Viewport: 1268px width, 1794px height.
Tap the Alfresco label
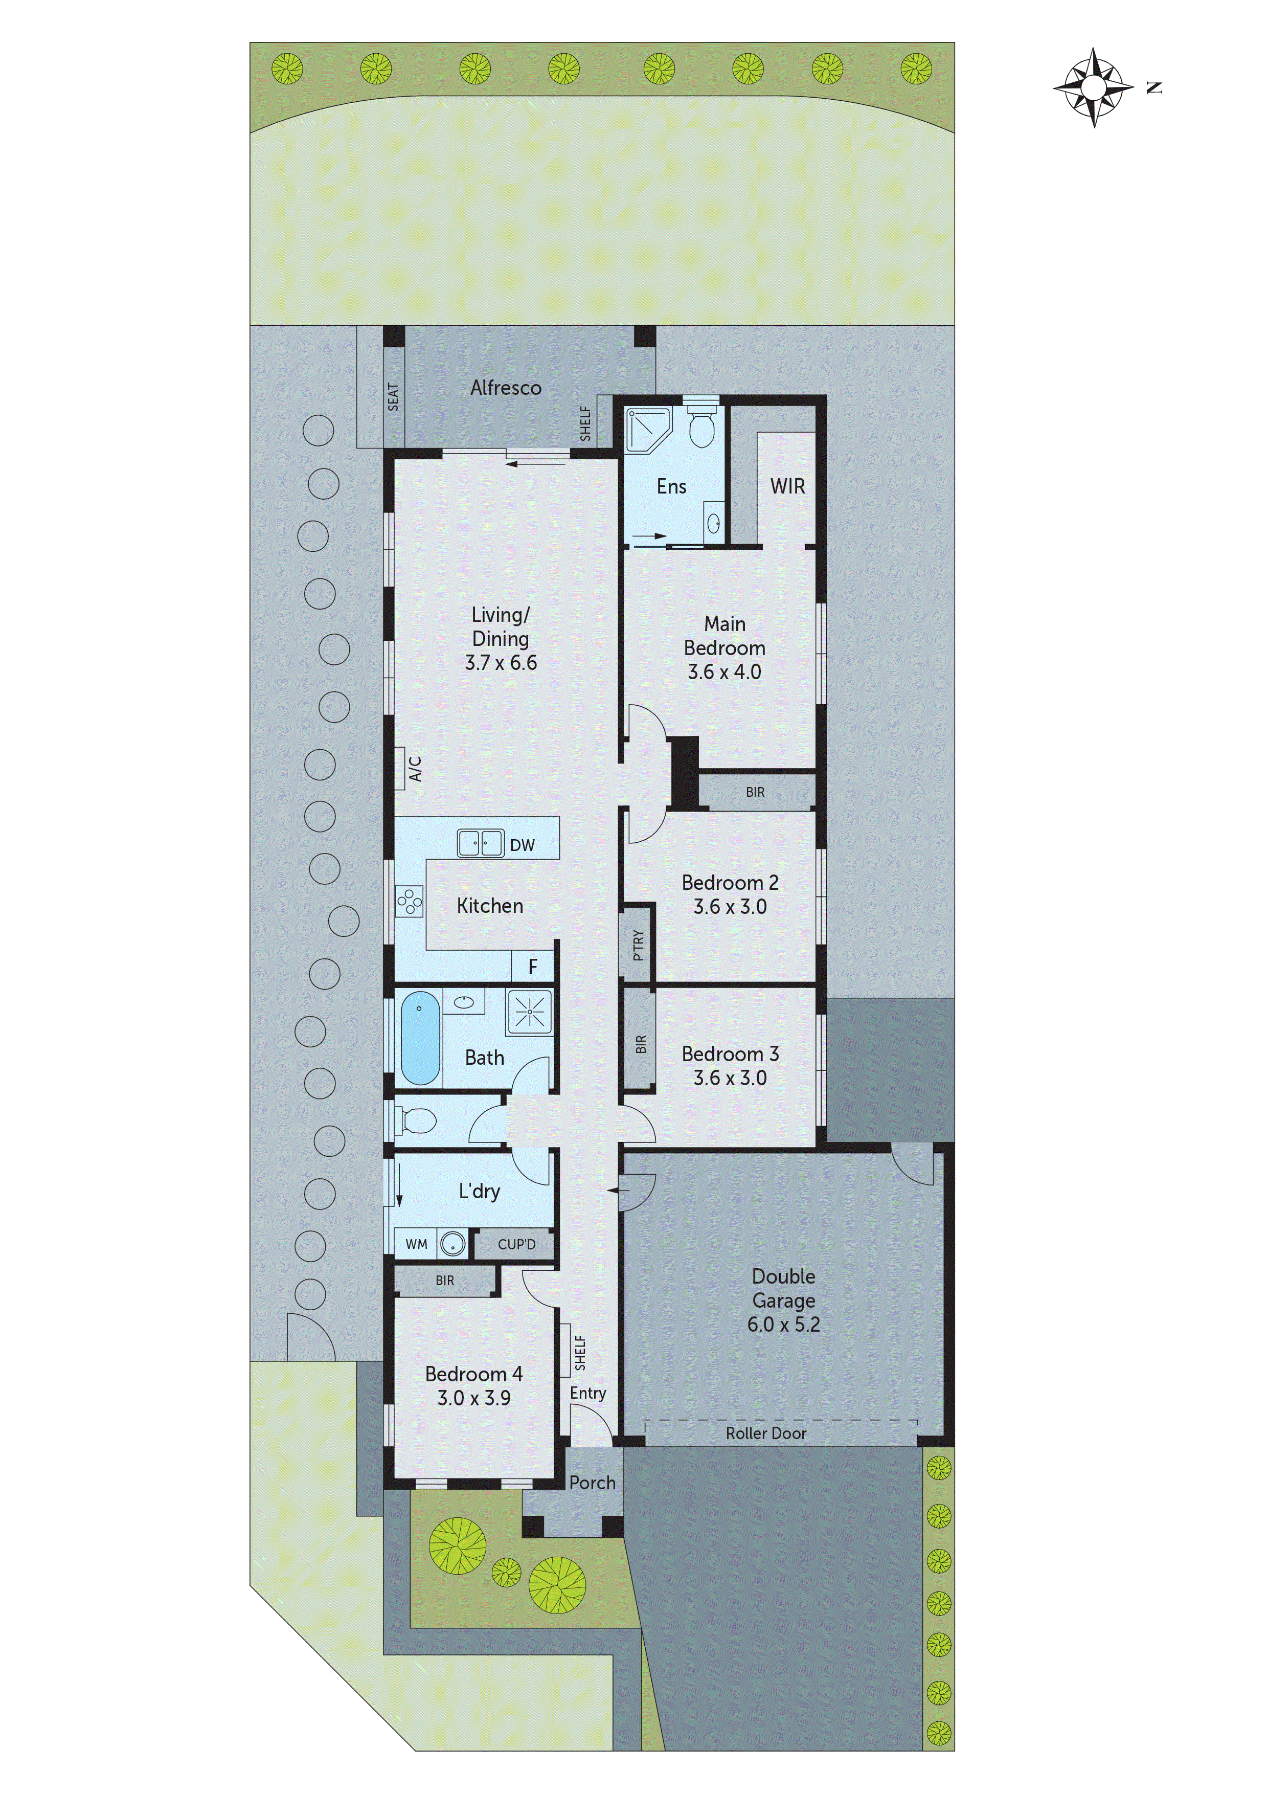(506, 388)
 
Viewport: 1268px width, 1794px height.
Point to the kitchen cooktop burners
(410, 902)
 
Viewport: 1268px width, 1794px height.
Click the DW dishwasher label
(522, 845)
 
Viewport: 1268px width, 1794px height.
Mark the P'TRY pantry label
(638, 945)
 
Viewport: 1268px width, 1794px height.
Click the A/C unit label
(415, 768)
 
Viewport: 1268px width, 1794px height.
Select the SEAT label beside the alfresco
(393, 397)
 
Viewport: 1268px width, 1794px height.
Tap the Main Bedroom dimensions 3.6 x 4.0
(724, 672)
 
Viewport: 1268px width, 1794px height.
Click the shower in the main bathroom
(529, 1013)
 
